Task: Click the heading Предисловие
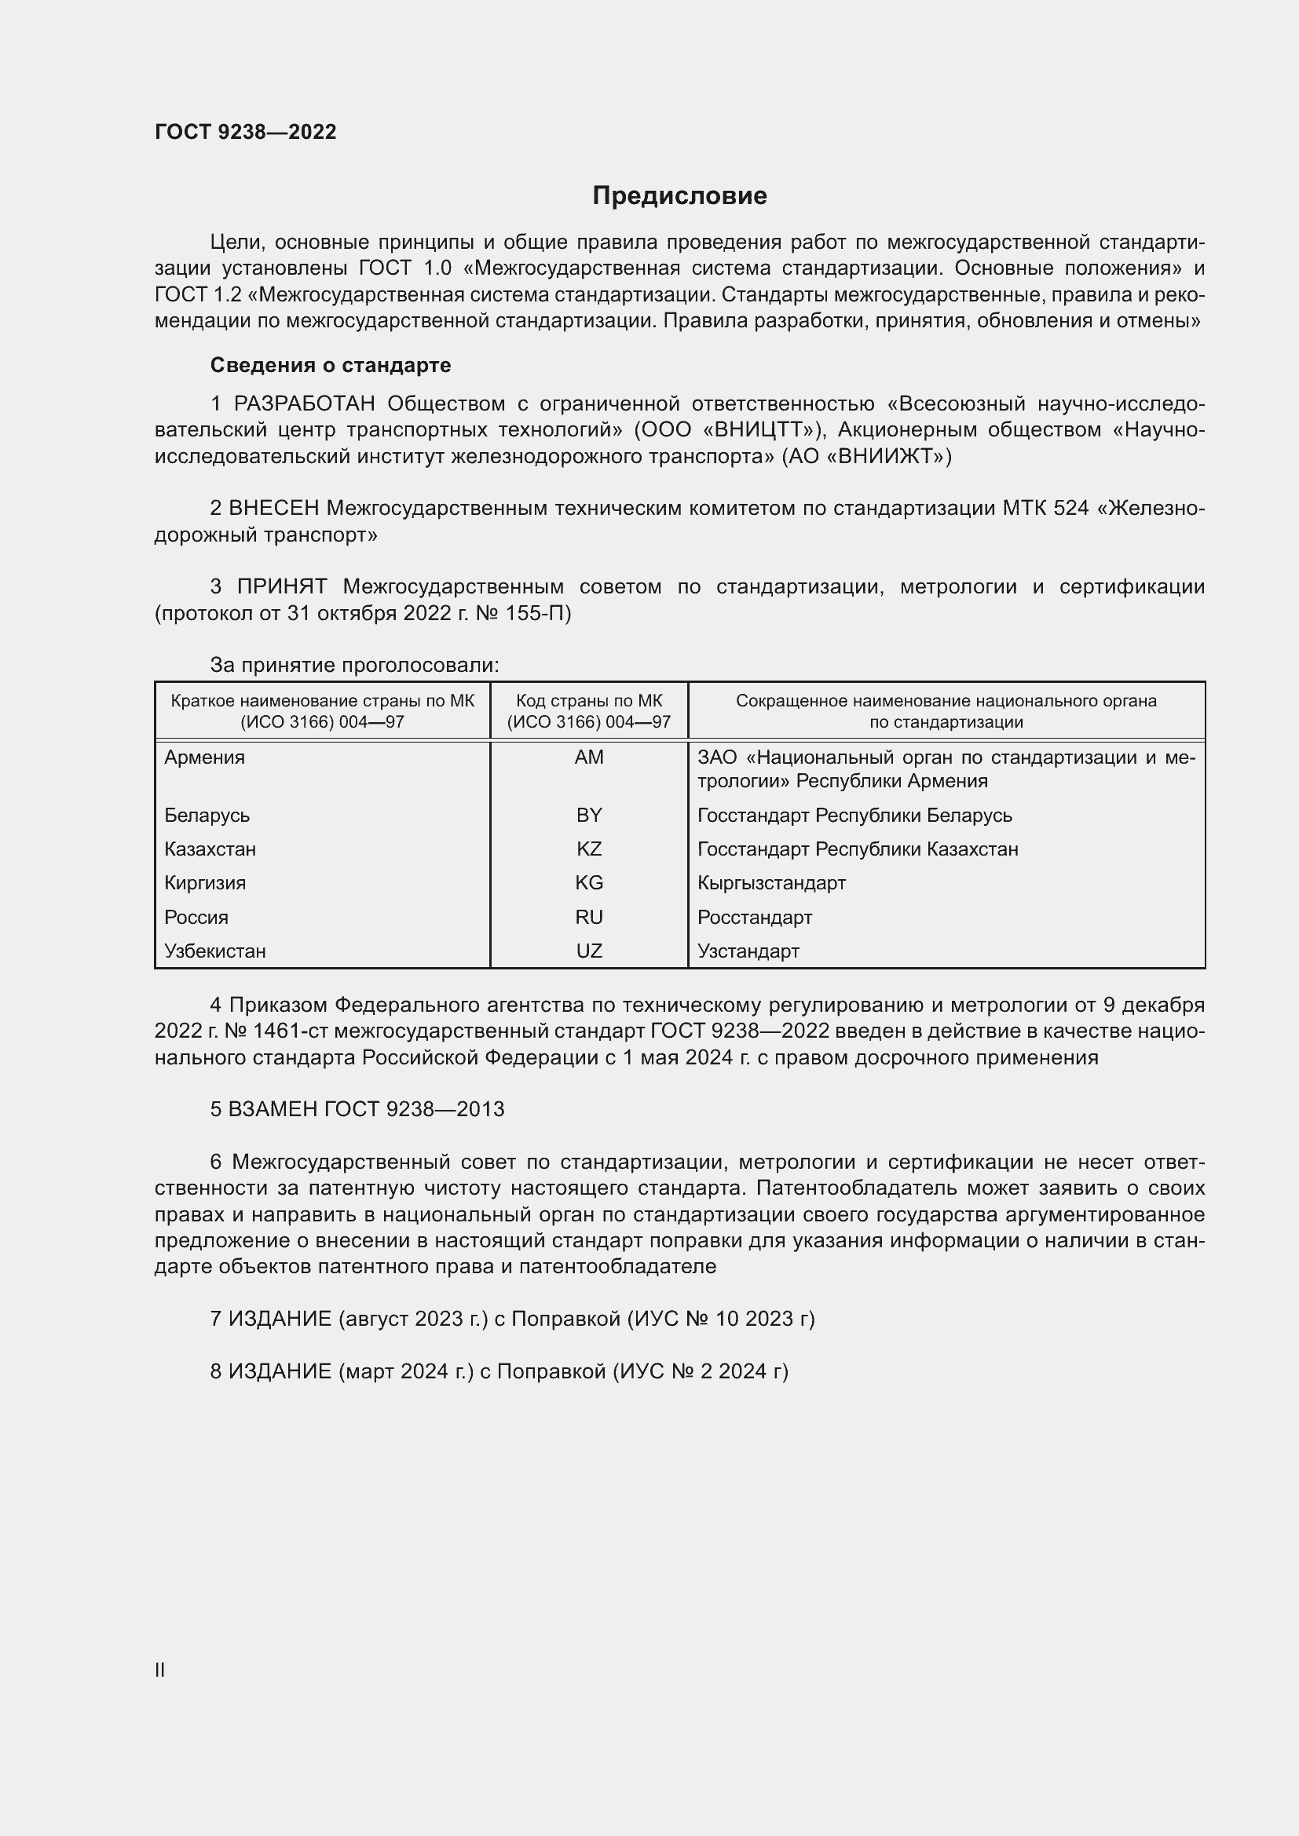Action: (679, 196)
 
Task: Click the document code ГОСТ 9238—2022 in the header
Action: (246, 132)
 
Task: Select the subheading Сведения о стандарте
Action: (331, 366)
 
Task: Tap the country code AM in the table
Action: (589, 757)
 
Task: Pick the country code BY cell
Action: (589, 816)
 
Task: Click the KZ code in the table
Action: (589, 849)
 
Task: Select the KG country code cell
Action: (589, 884)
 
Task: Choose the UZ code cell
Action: (589, 951)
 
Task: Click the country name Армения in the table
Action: (205, 757)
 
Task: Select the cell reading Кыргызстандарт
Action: (771, 884)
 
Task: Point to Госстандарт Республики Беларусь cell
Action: (854, 816)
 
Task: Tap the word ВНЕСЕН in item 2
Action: (273, 509)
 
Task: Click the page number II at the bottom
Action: (160, 1670)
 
